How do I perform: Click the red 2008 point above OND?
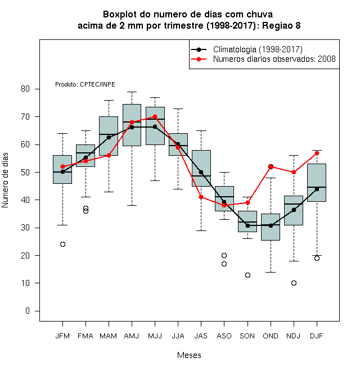(x=271, y=166)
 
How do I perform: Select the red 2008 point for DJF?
(x=317, y=153)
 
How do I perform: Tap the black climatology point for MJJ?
(x=155, y=127)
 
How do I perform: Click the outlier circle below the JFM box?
(x=62, y=244)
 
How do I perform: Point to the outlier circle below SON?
(x=247, y=275)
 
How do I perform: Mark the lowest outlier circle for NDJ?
(x=294, y=283)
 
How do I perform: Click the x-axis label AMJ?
(x=132, y=336)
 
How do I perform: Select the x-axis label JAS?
(x=201, y=336)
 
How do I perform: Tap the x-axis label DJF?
(x=317, y=336)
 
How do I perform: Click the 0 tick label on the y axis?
(x=28, y=311)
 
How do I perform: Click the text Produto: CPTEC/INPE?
(x=85, y=84)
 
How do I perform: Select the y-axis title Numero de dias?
(x=5, y=180)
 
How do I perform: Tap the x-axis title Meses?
(x=189, y=355)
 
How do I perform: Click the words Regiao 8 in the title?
(x=281, y=25)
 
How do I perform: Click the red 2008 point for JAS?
(x=201, y=197)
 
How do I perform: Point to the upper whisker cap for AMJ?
(x=132, y=92)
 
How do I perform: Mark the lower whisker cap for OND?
(x=271, y=272)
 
